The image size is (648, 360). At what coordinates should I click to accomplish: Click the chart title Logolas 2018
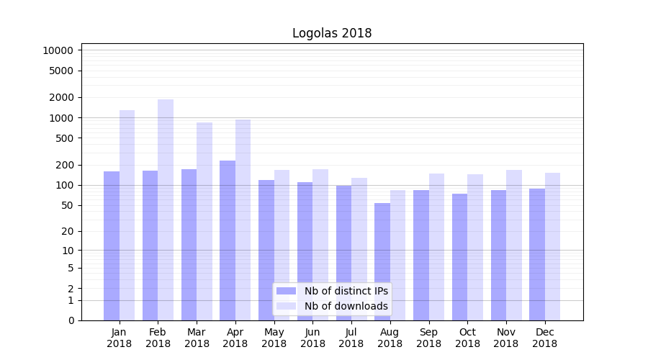tap(332, 33)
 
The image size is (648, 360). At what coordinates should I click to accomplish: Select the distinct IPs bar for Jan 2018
tap(112, 246)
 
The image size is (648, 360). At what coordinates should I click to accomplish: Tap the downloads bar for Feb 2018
tap(166, 210)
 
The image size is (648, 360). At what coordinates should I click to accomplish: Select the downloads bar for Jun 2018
tap(320, 245)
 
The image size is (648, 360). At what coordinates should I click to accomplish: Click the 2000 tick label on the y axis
tap(63, 97)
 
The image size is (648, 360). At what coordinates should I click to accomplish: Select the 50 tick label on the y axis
tap(68, 205)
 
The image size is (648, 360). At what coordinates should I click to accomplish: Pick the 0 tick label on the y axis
tap(71, 320)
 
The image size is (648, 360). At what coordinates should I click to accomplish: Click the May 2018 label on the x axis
tap(274, 338)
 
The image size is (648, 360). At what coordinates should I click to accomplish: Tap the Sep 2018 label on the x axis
tap(428, 338)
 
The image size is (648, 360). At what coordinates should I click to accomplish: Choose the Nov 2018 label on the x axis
tap(506, 338)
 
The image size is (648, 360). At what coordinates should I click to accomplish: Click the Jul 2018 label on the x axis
tap(351, 338)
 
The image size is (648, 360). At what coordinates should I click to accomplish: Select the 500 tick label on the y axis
tap(65, 138)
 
